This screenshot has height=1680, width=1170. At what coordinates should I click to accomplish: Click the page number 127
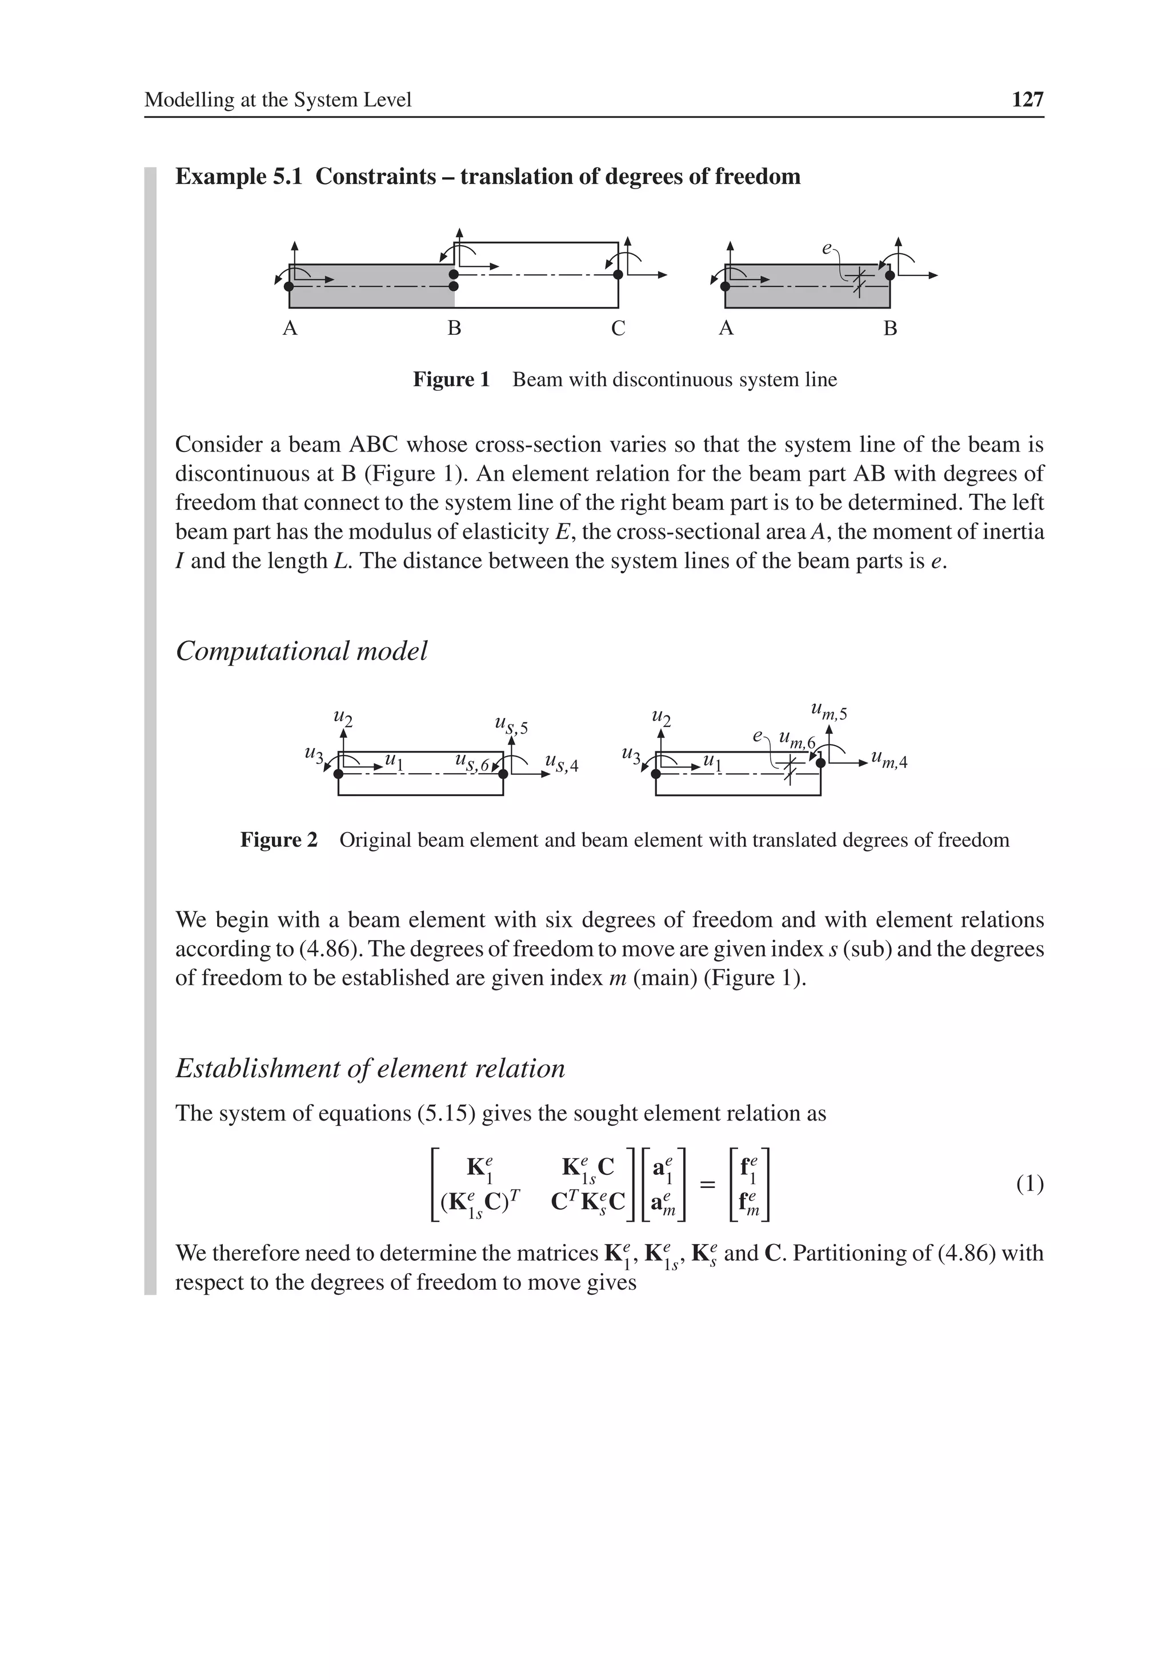coord(1027,99)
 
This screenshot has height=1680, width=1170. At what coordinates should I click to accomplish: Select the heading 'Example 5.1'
coord(239,177)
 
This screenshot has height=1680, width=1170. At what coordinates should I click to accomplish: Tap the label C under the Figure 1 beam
coord(618,329)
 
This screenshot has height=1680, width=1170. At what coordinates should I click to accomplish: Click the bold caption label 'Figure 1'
coord(451,380)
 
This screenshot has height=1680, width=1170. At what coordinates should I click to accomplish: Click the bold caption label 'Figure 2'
coord(279,840)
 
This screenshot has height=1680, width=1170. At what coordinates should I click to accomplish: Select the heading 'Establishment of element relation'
coord(370,1069)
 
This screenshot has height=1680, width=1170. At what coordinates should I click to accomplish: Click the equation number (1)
coord(1029,1183)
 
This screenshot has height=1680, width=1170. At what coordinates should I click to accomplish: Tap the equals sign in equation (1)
coord(706,1183)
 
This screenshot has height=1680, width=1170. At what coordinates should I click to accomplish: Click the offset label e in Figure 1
coord(826,249)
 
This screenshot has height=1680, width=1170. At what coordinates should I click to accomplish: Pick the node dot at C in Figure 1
coord(618,274)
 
